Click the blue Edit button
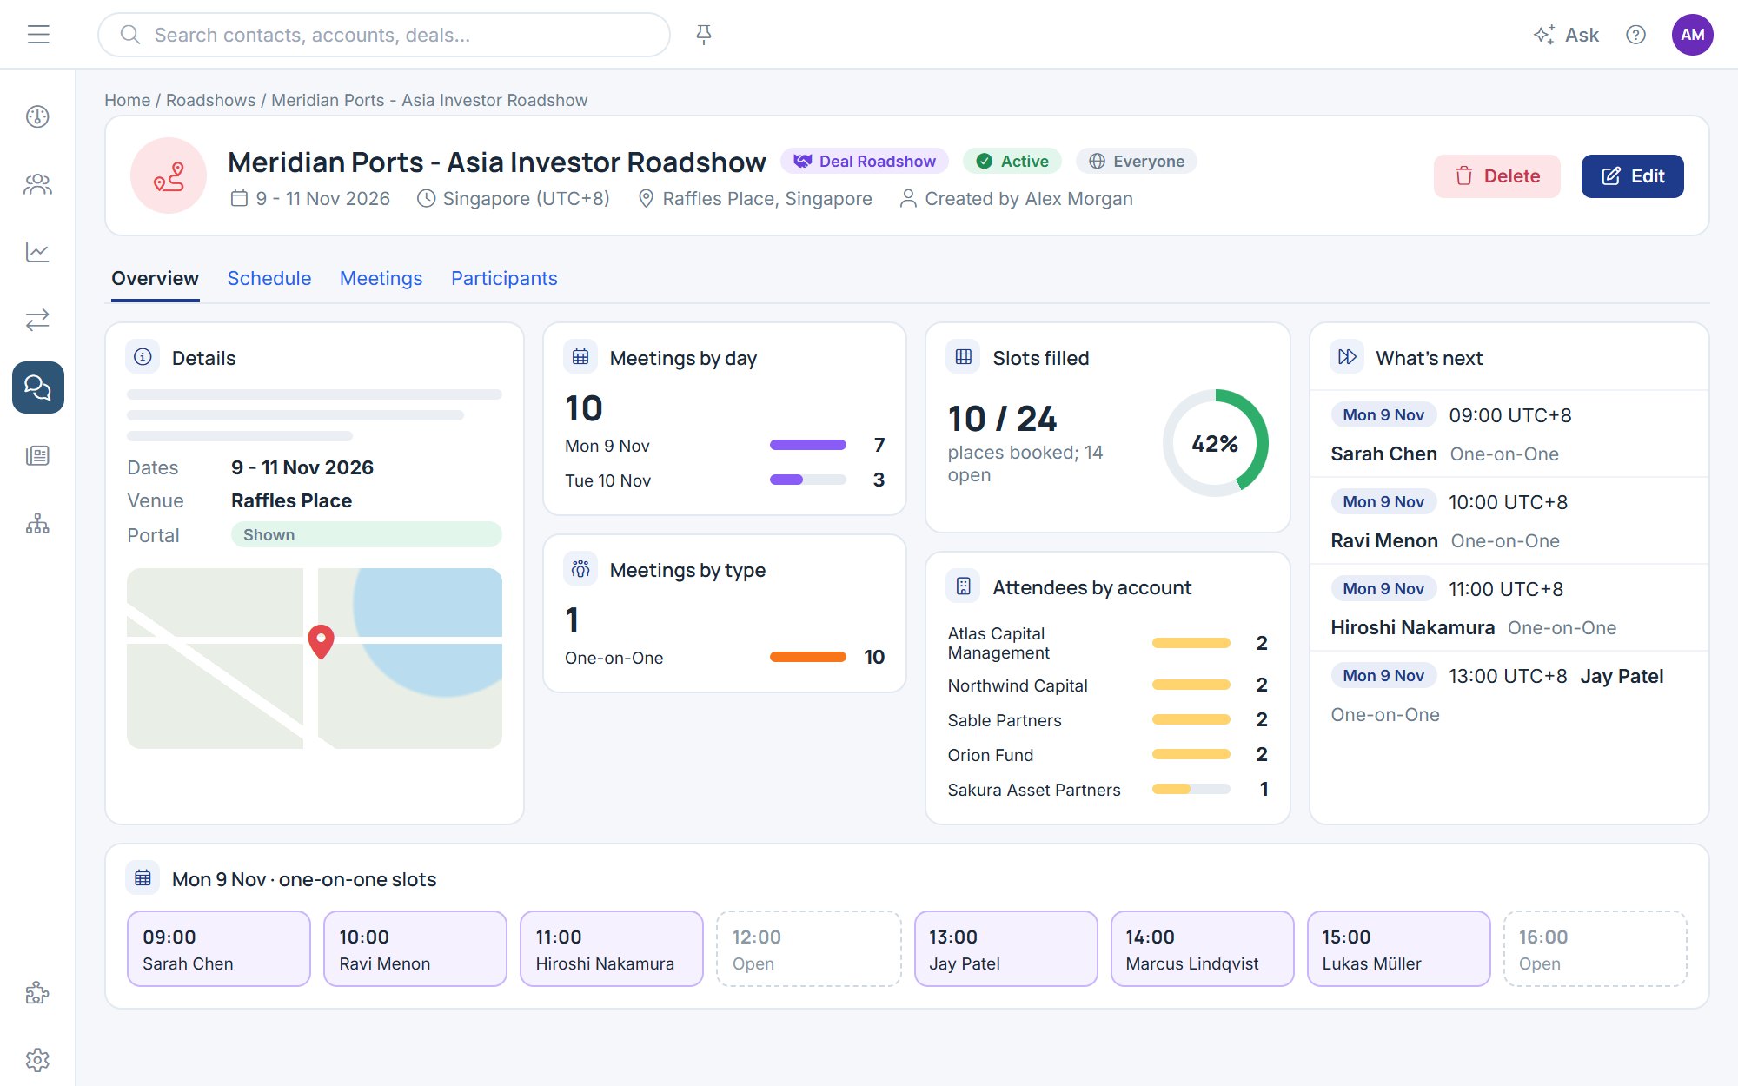point(1632,176)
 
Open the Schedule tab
point(269,278)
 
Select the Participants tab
point(504,278)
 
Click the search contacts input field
point(384,35)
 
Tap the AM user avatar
point(1692,35)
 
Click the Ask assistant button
point(1566,35)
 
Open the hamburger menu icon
point(38,35)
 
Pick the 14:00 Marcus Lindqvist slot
point(1203,949)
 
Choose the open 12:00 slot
point(809,949)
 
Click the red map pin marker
point(322,641)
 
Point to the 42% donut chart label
point(1215,444)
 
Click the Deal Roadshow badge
point(865,162)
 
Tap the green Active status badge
point(1012,162)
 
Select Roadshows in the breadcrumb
point(211,100)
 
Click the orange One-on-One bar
point(808,657)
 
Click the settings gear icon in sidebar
point(37,1060)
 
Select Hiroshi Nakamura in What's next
point(1413,627)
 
